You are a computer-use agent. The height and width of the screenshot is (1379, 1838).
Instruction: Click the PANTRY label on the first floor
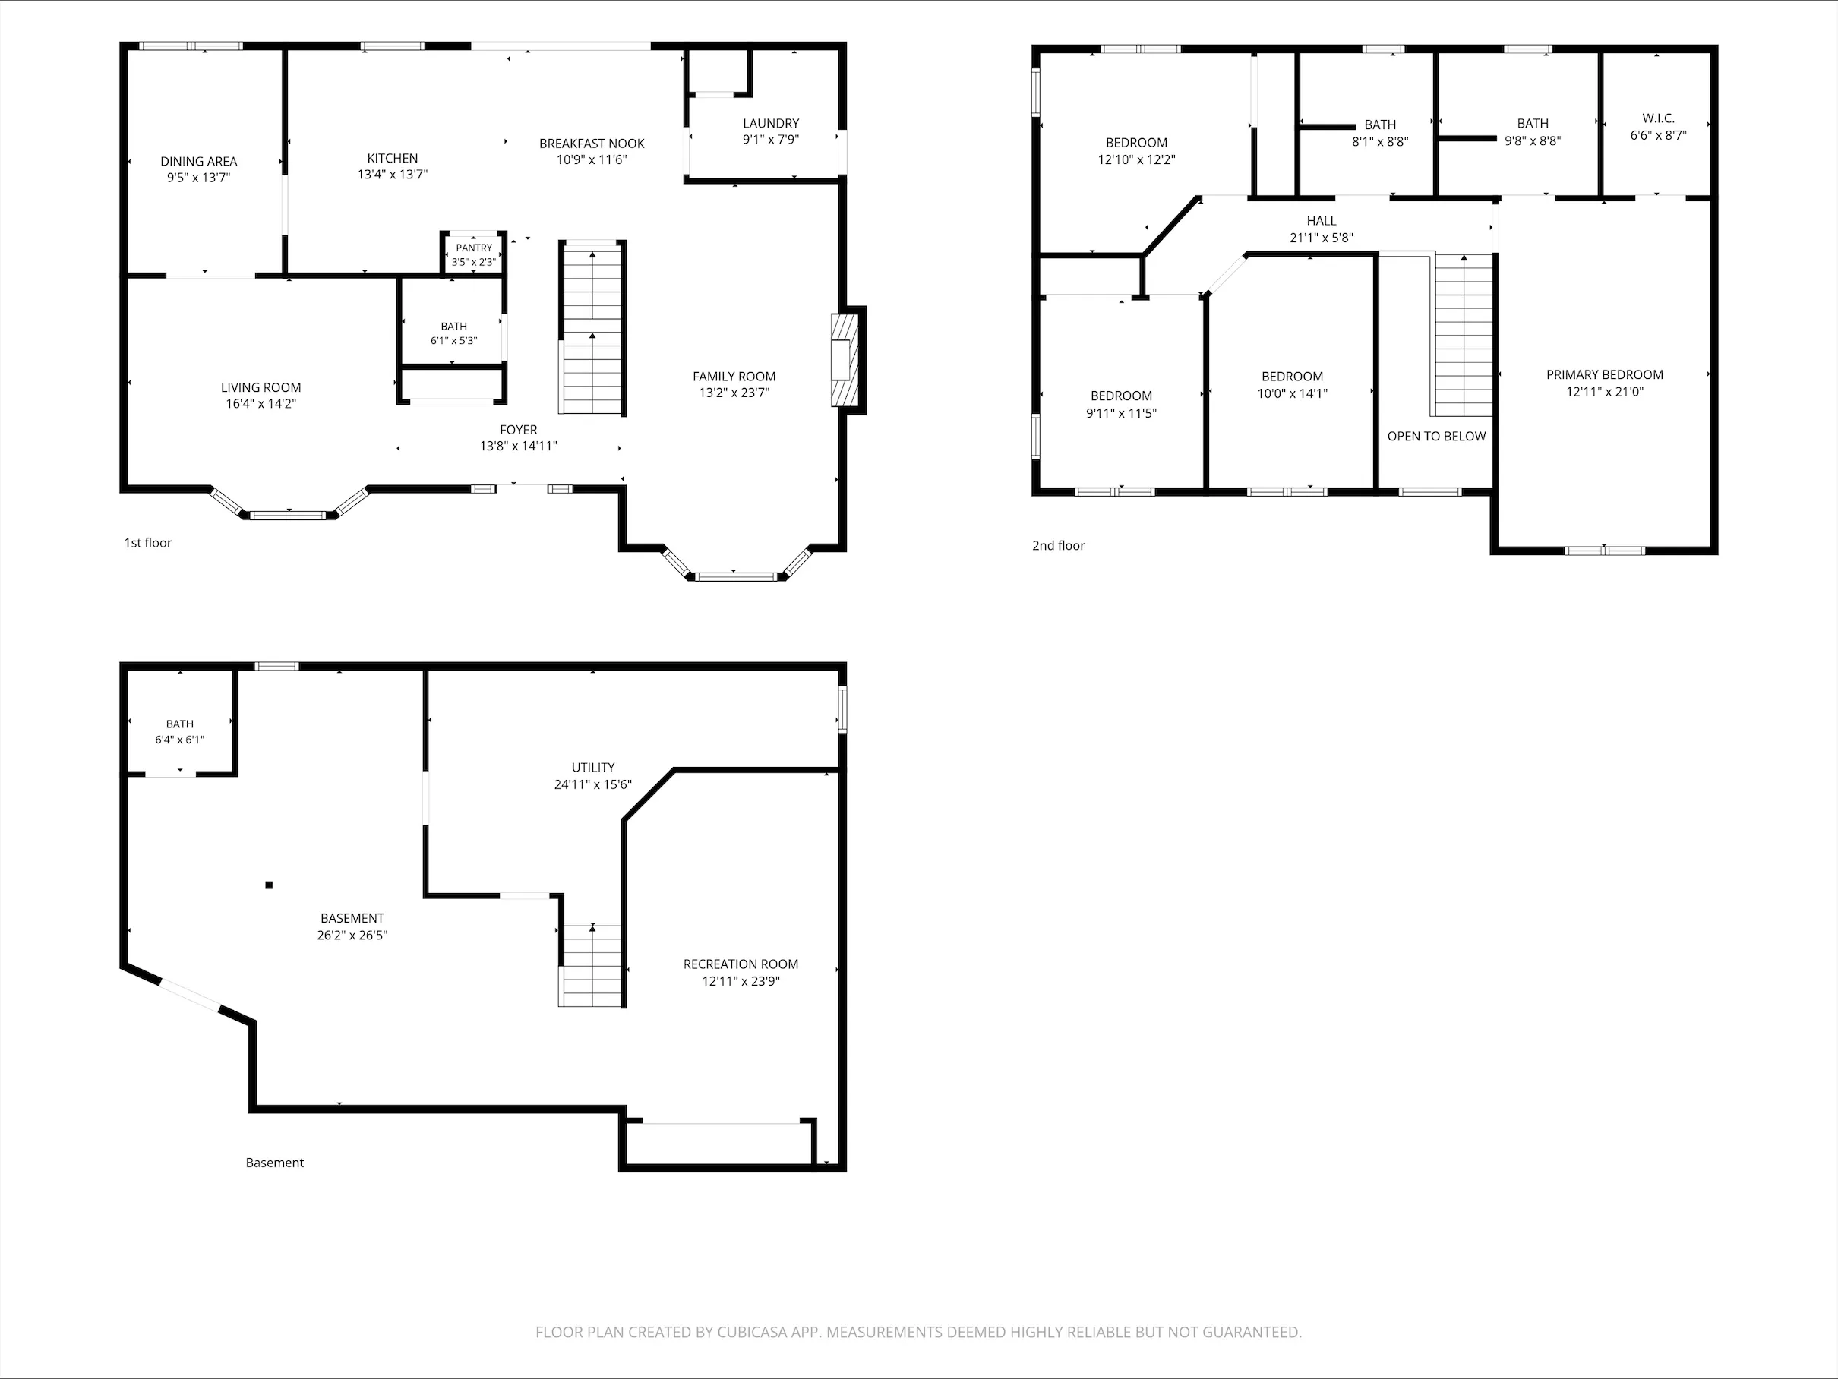point(475,248)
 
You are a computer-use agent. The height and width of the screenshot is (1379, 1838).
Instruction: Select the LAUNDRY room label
point(771,123)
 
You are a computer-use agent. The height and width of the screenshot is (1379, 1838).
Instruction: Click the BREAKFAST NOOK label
point(592,144)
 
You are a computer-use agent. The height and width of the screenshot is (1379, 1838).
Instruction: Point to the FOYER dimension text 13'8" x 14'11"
point(519,446)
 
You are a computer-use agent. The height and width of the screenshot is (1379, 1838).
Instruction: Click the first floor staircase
point(592,327)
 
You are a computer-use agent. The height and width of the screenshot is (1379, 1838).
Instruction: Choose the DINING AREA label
point(198,161)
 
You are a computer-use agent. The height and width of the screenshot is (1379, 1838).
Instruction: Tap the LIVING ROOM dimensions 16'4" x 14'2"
point(261,404)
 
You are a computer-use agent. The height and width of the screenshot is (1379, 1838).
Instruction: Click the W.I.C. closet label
point(1659,118)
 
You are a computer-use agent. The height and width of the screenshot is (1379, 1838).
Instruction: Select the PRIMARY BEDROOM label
point(1605,374)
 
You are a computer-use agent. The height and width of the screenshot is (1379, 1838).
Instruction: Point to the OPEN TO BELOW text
point(1437,436)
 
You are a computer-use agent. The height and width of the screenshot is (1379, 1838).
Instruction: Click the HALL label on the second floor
point(1322,221)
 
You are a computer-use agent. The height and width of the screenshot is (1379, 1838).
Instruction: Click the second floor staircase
point(1462,335)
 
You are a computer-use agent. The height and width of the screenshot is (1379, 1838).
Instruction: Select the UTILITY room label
point(593,768)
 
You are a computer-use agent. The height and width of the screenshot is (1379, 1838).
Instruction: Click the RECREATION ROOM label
point(741,964)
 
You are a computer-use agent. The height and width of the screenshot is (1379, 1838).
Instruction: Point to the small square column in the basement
point(269,885)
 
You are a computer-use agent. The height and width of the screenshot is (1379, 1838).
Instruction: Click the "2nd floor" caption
point(1059,546)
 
